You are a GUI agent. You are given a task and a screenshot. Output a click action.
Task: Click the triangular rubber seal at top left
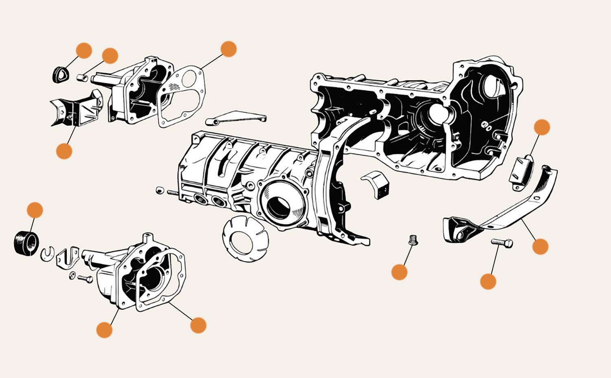point(60,74)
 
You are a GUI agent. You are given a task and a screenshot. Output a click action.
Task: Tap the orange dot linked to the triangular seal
point(84,50)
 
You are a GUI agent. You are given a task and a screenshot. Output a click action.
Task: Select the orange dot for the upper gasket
point(229,49)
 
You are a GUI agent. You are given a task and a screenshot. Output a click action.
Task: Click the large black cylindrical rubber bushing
point(26,243)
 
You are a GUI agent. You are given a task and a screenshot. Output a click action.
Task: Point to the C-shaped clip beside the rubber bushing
point(48,254)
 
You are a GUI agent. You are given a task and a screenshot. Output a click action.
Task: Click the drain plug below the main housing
point(413,240)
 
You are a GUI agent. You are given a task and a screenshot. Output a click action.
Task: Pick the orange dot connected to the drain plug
point(399,272)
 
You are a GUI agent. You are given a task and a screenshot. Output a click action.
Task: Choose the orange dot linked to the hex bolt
point(488,282)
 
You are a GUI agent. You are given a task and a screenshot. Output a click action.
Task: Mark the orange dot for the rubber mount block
point(542,127)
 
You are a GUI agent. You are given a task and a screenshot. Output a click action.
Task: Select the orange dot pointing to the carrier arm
point(540,247)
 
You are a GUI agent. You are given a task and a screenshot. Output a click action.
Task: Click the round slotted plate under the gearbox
point(245,238)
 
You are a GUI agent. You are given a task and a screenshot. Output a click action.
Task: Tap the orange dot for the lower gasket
point(198,325)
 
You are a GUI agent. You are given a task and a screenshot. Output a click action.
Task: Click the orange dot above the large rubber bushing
point(35,210)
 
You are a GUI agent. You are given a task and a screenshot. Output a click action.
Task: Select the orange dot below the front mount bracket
point(64,151)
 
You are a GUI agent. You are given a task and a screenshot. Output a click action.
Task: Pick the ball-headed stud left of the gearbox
point(160,190)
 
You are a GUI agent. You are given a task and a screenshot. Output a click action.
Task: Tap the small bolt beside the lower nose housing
point(85,279)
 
